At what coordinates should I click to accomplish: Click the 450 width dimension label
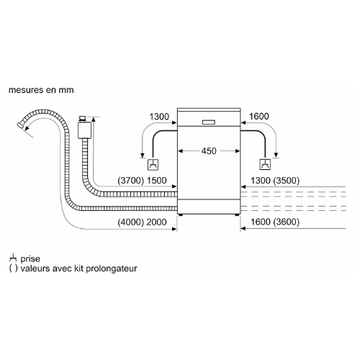pos(209,151)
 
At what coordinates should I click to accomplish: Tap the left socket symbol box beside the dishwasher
pos(153,165)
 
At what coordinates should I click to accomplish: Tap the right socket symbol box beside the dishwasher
pos(265,165)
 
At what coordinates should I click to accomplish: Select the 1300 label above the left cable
pos(159,117)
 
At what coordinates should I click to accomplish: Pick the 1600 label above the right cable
pos(259,117)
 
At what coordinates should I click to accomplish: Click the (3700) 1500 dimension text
pos(142,181)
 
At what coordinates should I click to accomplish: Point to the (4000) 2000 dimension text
pos(142,222)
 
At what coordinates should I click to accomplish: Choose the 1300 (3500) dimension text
pos(275,181)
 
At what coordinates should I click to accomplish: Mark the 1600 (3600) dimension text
pos(275,222)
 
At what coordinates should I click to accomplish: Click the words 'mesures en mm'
pos(41,90)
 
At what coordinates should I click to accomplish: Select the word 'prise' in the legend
pos(30,258)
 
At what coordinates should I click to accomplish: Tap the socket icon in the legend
pos(13,258)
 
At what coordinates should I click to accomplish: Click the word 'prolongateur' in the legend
pos(111,269)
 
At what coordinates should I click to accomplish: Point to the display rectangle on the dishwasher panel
pos(209,122)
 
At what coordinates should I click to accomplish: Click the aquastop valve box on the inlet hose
pos(84,130)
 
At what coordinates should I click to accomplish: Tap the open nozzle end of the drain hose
pos(19,125)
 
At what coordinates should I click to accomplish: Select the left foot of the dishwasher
pos(181,215)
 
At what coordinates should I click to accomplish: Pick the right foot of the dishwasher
pos(237,215)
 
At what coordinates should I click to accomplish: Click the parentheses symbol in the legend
pos(13,269)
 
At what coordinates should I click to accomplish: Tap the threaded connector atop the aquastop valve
pos(82,119)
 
